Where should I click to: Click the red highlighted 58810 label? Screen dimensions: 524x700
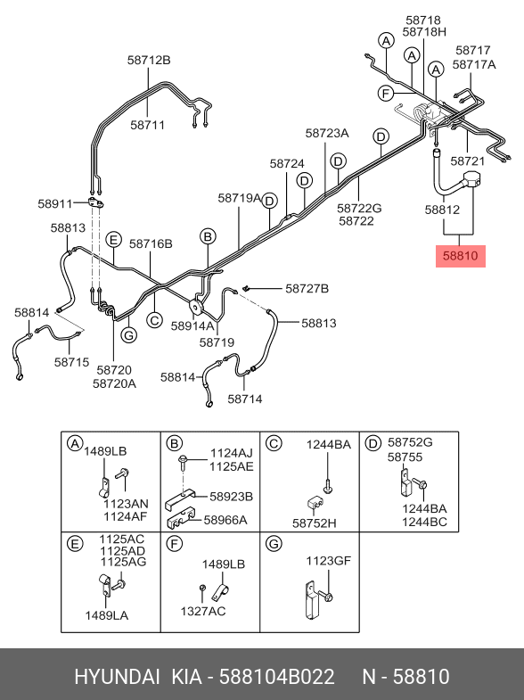pyautogui.click(x=460, y=256)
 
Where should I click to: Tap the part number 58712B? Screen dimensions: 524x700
pyautogui.click(x=149, y=60)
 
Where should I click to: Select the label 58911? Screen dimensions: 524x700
pyautogui.click(x=55, y=204)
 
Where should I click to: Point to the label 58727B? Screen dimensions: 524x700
pyautogui.click(x=307, y=289)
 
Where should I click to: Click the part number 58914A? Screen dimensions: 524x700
pyautogui.click(x=192, y=325)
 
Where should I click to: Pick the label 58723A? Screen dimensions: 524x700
pyautogui.click(x=327, y=133)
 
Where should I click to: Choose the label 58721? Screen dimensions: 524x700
pyautogui.click(x=467, y=161)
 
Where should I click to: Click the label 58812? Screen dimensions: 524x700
pyautogui.click(x=442, y=210)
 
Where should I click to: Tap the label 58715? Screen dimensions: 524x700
pyautogui.click(x=72, y=362)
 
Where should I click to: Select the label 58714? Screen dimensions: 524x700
pyautogui.click(x=245, y=399)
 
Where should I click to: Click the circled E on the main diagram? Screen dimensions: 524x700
pyautogui.click(x=114, y=240)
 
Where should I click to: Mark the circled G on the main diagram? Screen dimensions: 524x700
pyautogui.click(x=129, y=334)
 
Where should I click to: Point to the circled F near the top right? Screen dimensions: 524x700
pyautogui.click(x=385, y=94)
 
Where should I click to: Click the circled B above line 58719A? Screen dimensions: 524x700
pyautogui.click(x=208, y=236)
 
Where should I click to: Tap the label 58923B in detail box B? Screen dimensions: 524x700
pyautogui.click(x=231, y=497)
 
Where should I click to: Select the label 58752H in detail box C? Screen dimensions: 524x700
pyautogui.click(x=315, y=523)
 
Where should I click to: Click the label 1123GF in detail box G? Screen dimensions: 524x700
pyautogui.click(x=328, y=560)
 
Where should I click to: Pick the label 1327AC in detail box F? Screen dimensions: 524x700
pyautogui.click(x=203, y=611)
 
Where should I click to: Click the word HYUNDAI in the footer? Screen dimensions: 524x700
pyautogui.click(x=117, y=677)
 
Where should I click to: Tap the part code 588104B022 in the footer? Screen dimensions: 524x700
pyautogui.click(x=276, y=677)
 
